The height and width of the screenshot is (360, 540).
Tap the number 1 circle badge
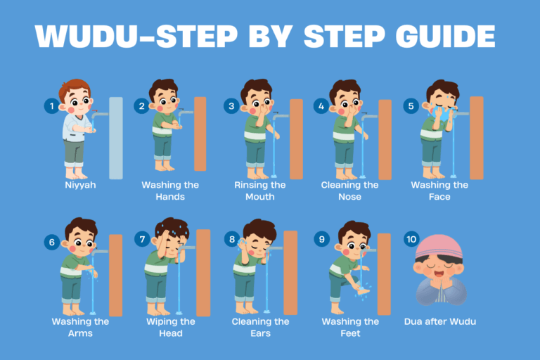tap(51, 106)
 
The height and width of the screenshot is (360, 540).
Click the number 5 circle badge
tap(411, 106)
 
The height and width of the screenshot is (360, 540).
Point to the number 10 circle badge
tap(411, 240)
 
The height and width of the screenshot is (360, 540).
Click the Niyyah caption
tap(80, 185)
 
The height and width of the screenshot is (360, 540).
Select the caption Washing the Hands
tap(170, 191)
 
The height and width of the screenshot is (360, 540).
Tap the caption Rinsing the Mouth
tap(260, 191)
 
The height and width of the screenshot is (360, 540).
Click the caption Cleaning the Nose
tap(350, 191)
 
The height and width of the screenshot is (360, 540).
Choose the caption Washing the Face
tap(440, 191)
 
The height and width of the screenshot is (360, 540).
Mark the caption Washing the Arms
tap(80, 327)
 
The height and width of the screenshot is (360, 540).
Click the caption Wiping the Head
tap(170, 327)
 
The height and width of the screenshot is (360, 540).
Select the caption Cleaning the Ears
tap(260, 327)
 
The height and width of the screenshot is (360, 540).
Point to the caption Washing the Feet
tap(350, 327)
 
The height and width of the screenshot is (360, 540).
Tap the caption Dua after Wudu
tap(440, 322)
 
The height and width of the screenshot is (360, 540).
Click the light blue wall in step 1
tap(116, 138)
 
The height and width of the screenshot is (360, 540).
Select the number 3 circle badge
tap(231, 106)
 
